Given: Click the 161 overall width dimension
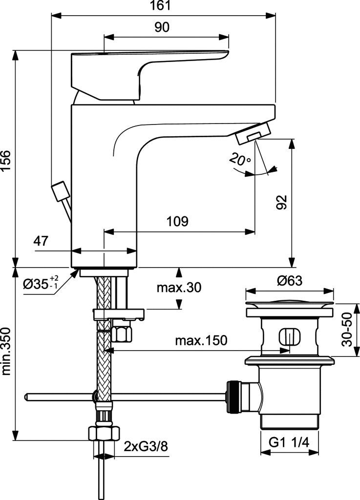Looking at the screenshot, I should pos(163,6).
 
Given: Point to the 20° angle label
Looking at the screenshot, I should pos(241,159).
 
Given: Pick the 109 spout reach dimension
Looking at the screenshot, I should pos(177,221).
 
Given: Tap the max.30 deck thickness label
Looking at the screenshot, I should pos(179,287).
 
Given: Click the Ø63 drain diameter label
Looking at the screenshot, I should pos(289,281).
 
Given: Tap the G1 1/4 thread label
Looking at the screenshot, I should pos(289,442).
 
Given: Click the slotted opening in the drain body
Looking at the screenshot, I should pos(288,337).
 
